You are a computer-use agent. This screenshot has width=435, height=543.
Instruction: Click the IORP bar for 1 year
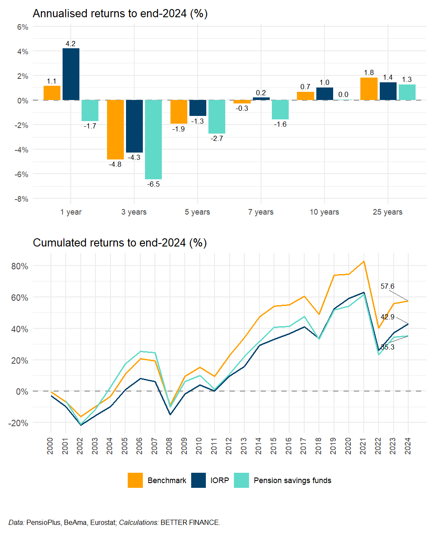tap(71, 74)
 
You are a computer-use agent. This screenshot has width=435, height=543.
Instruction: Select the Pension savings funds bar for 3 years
tap(153, 140)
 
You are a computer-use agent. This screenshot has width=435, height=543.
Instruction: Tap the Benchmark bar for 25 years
tap(369, 89)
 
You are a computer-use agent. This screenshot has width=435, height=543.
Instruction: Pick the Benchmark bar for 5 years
tap(179, 112)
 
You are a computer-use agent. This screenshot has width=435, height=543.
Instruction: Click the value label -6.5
tap(153, 184)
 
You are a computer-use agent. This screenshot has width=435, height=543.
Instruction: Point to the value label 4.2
tap(70, 44)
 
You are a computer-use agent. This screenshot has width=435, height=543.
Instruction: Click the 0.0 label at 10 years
tap(343, 95)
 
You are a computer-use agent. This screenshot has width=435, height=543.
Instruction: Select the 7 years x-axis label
tap(261, 212)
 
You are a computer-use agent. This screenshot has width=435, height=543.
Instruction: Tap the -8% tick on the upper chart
tap(22, 199)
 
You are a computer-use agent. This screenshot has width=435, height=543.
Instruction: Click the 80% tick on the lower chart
tap(19, 266)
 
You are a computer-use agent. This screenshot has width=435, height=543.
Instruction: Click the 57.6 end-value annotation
tap(387, 287)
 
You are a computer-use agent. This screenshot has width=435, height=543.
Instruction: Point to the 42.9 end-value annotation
tap(387, 317)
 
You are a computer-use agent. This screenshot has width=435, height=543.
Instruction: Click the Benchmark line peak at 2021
tap(363, 262)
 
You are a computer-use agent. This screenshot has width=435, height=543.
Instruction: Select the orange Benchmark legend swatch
tap(135, 481)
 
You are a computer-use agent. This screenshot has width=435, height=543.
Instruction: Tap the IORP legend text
tap(220, 481)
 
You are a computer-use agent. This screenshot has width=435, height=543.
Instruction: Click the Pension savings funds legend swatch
tap(242, 481)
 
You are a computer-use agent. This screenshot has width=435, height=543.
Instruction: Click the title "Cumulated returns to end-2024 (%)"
tap(120, 243)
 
